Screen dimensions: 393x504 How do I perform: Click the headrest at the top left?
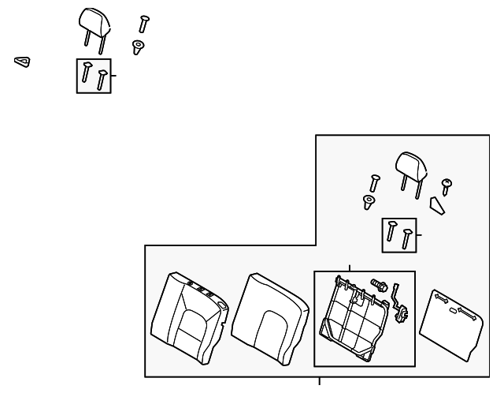[x=93, y=22]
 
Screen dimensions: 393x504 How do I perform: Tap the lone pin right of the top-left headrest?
[x=143, y=24]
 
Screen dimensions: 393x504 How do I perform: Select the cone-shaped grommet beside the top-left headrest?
[x=138, y=48]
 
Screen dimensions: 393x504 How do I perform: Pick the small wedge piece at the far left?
[x=22, y=61]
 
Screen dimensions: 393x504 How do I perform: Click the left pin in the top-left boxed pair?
[x=87, y=73]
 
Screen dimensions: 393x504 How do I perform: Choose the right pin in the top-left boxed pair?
[x=101, y=79]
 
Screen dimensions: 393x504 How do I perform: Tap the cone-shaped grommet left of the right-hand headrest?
[x=368, y=202]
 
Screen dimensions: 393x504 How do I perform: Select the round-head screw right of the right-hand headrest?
[x=447, y=186]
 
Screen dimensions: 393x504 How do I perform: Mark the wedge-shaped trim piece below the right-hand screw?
[x=437, y=205]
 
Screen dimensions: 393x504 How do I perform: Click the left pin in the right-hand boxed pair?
[x=391, y=232]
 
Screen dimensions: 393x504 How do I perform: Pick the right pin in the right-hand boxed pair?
[x=406, y=238]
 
